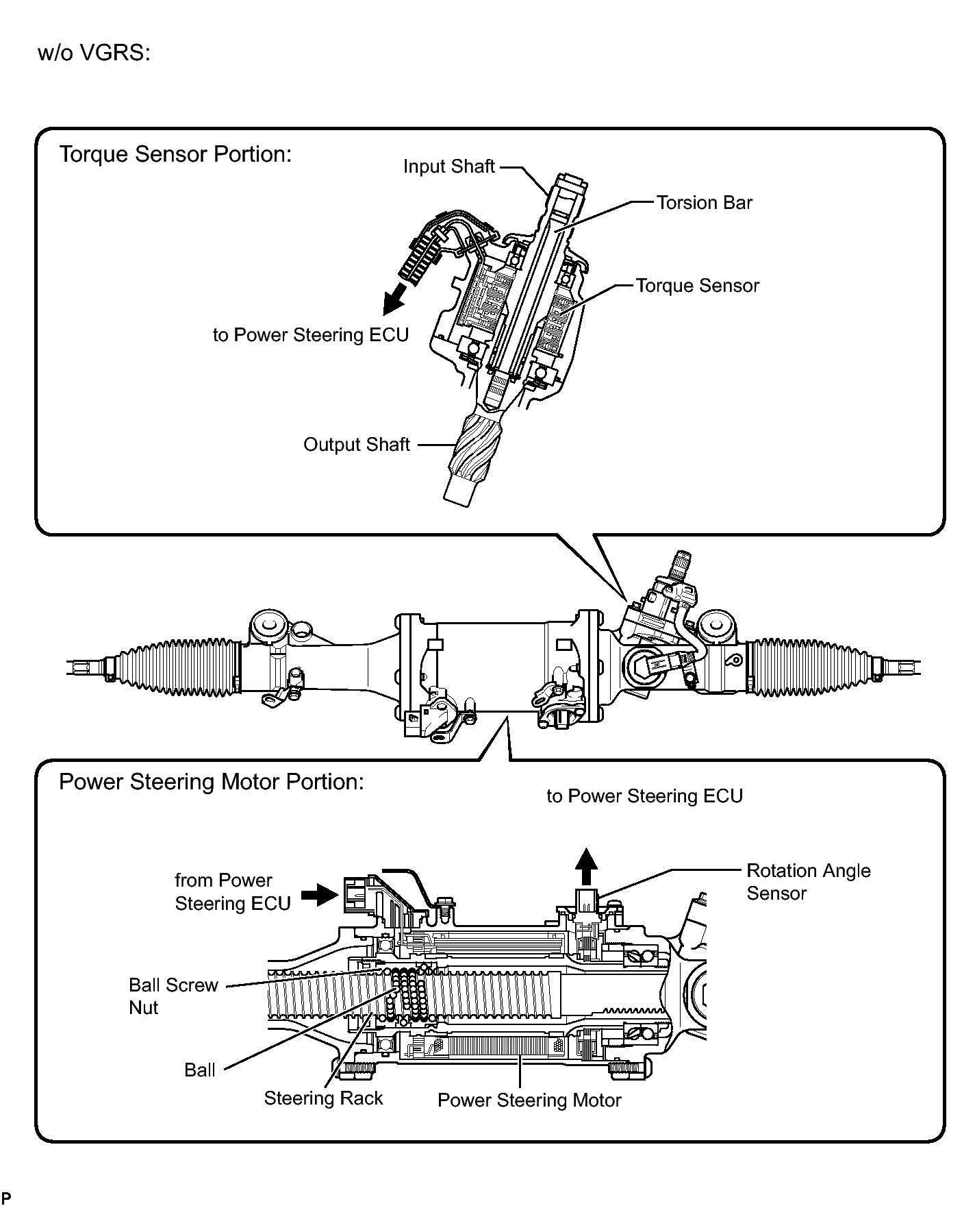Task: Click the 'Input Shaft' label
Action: click(x=448, y=167)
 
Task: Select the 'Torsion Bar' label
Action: click(x=705, y=203)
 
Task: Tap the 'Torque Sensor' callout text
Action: click(x=698, y=286)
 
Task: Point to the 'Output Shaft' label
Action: click(x=356, y=445)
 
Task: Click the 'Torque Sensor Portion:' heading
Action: click(x=175, y=154)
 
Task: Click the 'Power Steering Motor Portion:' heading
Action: click(x=211, y=782)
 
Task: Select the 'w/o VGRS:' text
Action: click(x=94, y=53)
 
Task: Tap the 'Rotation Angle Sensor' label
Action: click(x=808, y=882)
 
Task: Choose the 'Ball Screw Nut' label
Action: click(x=173, y=996)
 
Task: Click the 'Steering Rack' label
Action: click(x=323, y=1098)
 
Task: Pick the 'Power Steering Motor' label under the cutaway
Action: click(x=529, y=1100)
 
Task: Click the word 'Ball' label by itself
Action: click(x=200, y=1070)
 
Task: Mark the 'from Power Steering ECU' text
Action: click(x=233, y=891)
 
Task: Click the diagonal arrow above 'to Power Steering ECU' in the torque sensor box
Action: click(x=394, y=299)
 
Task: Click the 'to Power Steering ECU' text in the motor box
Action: click(x=644, y=796)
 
